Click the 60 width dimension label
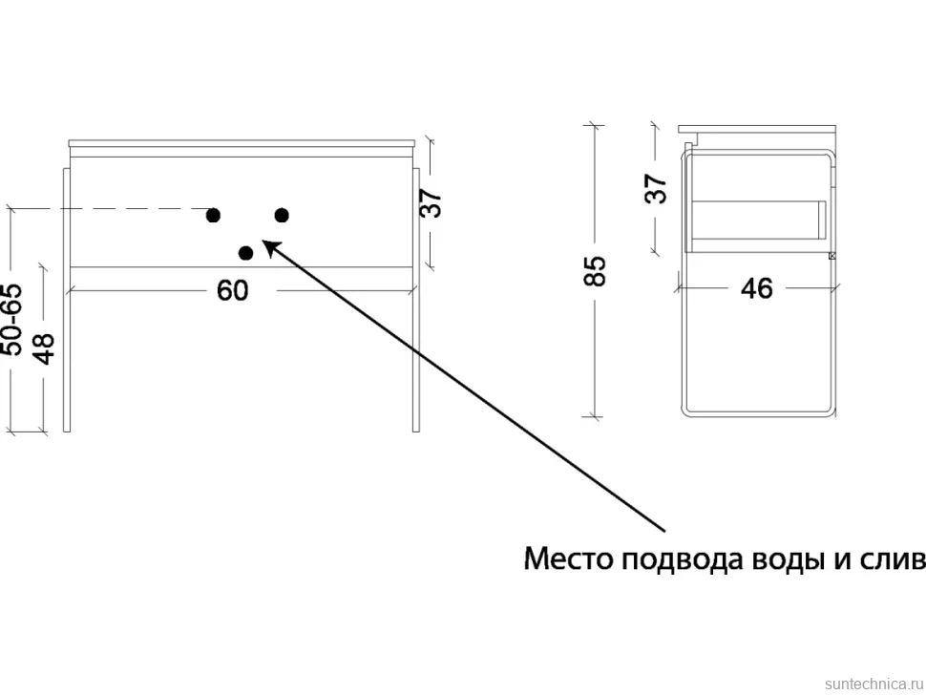233,290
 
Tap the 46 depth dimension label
756,288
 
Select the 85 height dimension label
596,271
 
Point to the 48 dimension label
44,349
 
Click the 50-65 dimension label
12,320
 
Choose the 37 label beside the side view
656,188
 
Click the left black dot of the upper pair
213,216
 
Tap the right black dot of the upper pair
282,216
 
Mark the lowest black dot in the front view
245,253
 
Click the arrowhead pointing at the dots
269,247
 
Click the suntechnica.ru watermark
873,684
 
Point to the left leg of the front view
67,300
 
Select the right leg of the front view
416,300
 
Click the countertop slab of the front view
242,143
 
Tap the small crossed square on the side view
832,256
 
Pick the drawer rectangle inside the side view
759,221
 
